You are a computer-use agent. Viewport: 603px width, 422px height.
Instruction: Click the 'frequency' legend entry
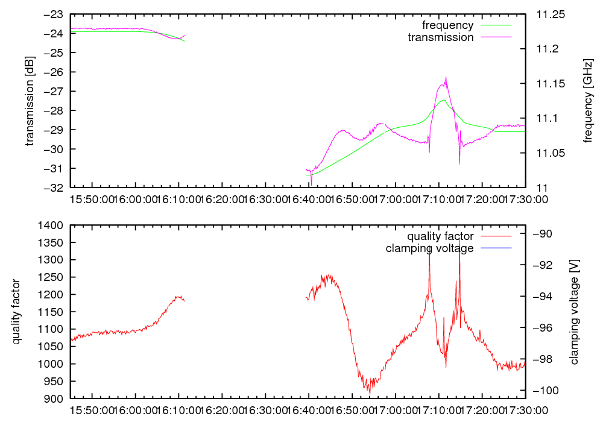447,25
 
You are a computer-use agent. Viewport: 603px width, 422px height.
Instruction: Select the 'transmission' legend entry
440,37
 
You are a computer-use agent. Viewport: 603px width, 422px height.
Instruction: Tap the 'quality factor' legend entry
440,236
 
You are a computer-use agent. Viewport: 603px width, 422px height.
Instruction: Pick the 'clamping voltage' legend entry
429,248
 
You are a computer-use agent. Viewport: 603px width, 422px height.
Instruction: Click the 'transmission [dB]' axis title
30,101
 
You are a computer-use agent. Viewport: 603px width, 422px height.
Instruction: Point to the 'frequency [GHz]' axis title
589,101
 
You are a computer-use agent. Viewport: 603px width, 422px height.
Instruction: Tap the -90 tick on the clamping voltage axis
540,234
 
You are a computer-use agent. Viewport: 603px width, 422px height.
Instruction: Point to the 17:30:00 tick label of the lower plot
526,409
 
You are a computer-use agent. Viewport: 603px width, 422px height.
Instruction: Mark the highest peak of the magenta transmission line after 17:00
446,77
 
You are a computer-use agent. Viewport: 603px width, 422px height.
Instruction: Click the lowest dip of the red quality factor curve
369,393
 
